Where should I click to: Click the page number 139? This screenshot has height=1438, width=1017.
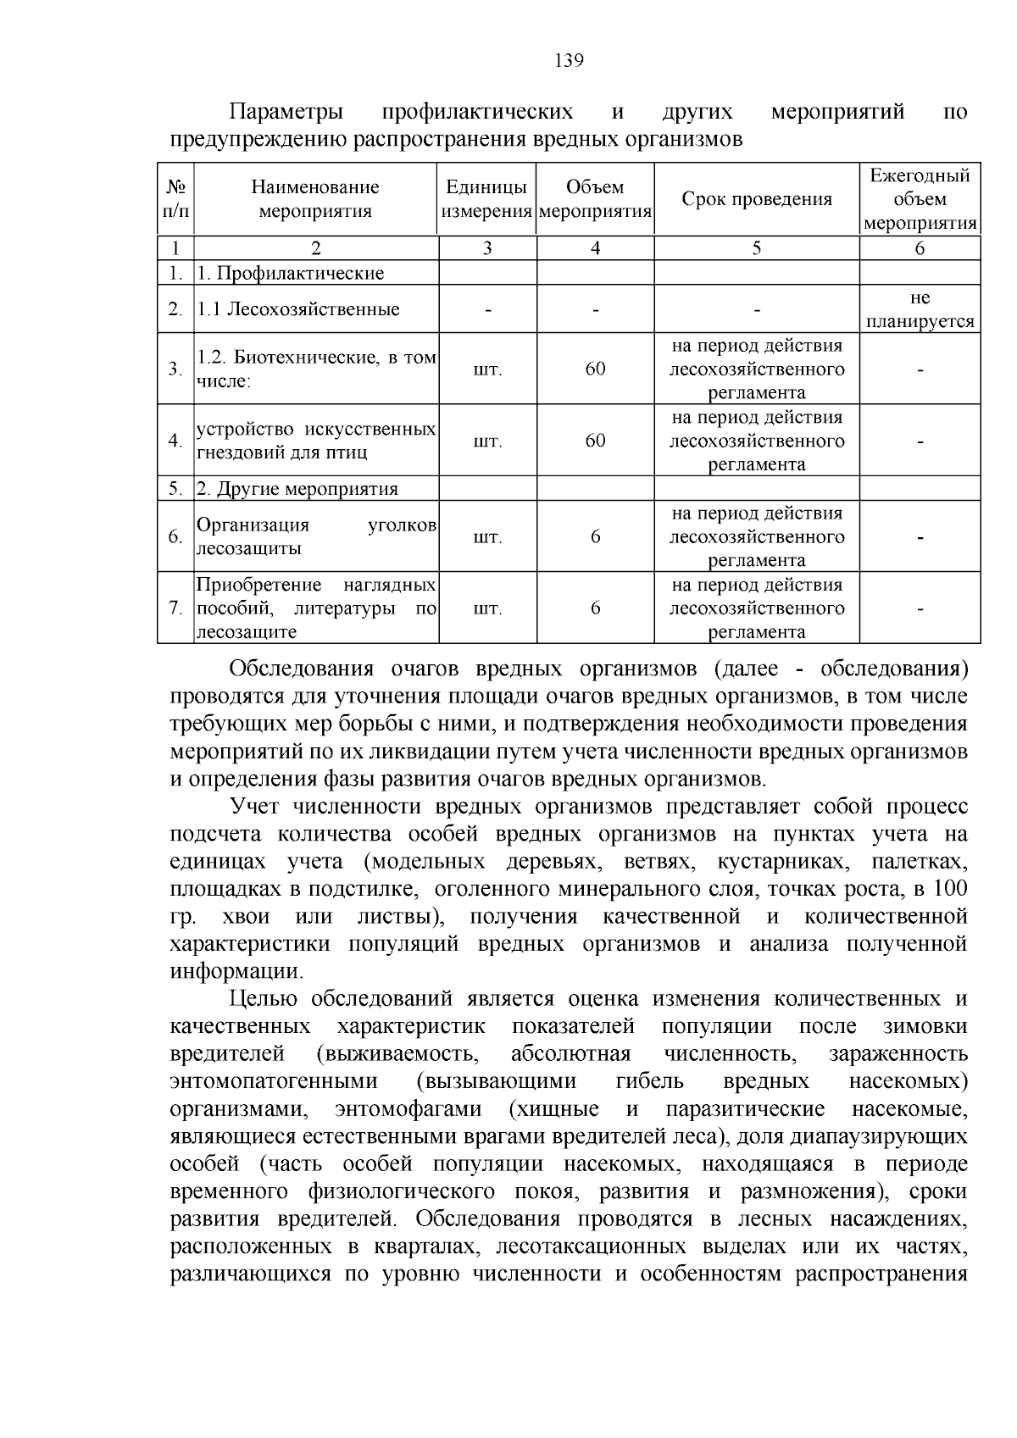569,60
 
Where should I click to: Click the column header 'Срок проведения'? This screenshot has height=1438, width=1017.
757,199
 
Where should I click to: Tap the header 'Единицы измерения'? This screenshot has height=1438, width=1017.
486,199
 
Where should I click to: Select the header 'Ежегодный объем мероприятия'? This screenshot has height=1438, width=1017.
920,199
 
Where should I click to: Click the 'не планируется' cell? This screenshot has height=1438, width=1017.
920,309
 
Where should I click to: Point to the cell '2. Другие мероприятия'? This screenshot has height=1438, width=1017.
297,489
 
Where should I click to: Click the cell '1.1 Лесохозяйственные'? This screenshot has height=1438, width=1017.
298,309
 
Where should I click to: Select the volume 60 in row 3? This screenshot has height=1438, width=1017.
595,369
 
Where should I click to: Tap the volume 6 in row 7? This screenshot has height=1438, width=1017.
595,608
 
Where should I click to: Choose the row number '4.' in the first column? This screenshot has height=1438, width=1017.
175,441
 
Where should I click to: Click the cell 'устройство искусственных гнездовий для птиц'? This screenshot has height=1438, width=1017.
316,441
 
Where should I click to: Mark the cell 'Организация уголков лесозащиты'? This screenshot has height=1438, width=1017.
316,536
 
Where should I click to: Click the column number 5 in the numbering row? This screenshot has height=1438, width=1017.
757,248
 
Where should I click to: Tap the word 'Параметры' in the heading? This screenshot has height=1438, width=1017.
287,112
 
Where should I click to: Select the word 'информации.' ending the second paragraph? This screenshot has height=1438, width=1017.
236,971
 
